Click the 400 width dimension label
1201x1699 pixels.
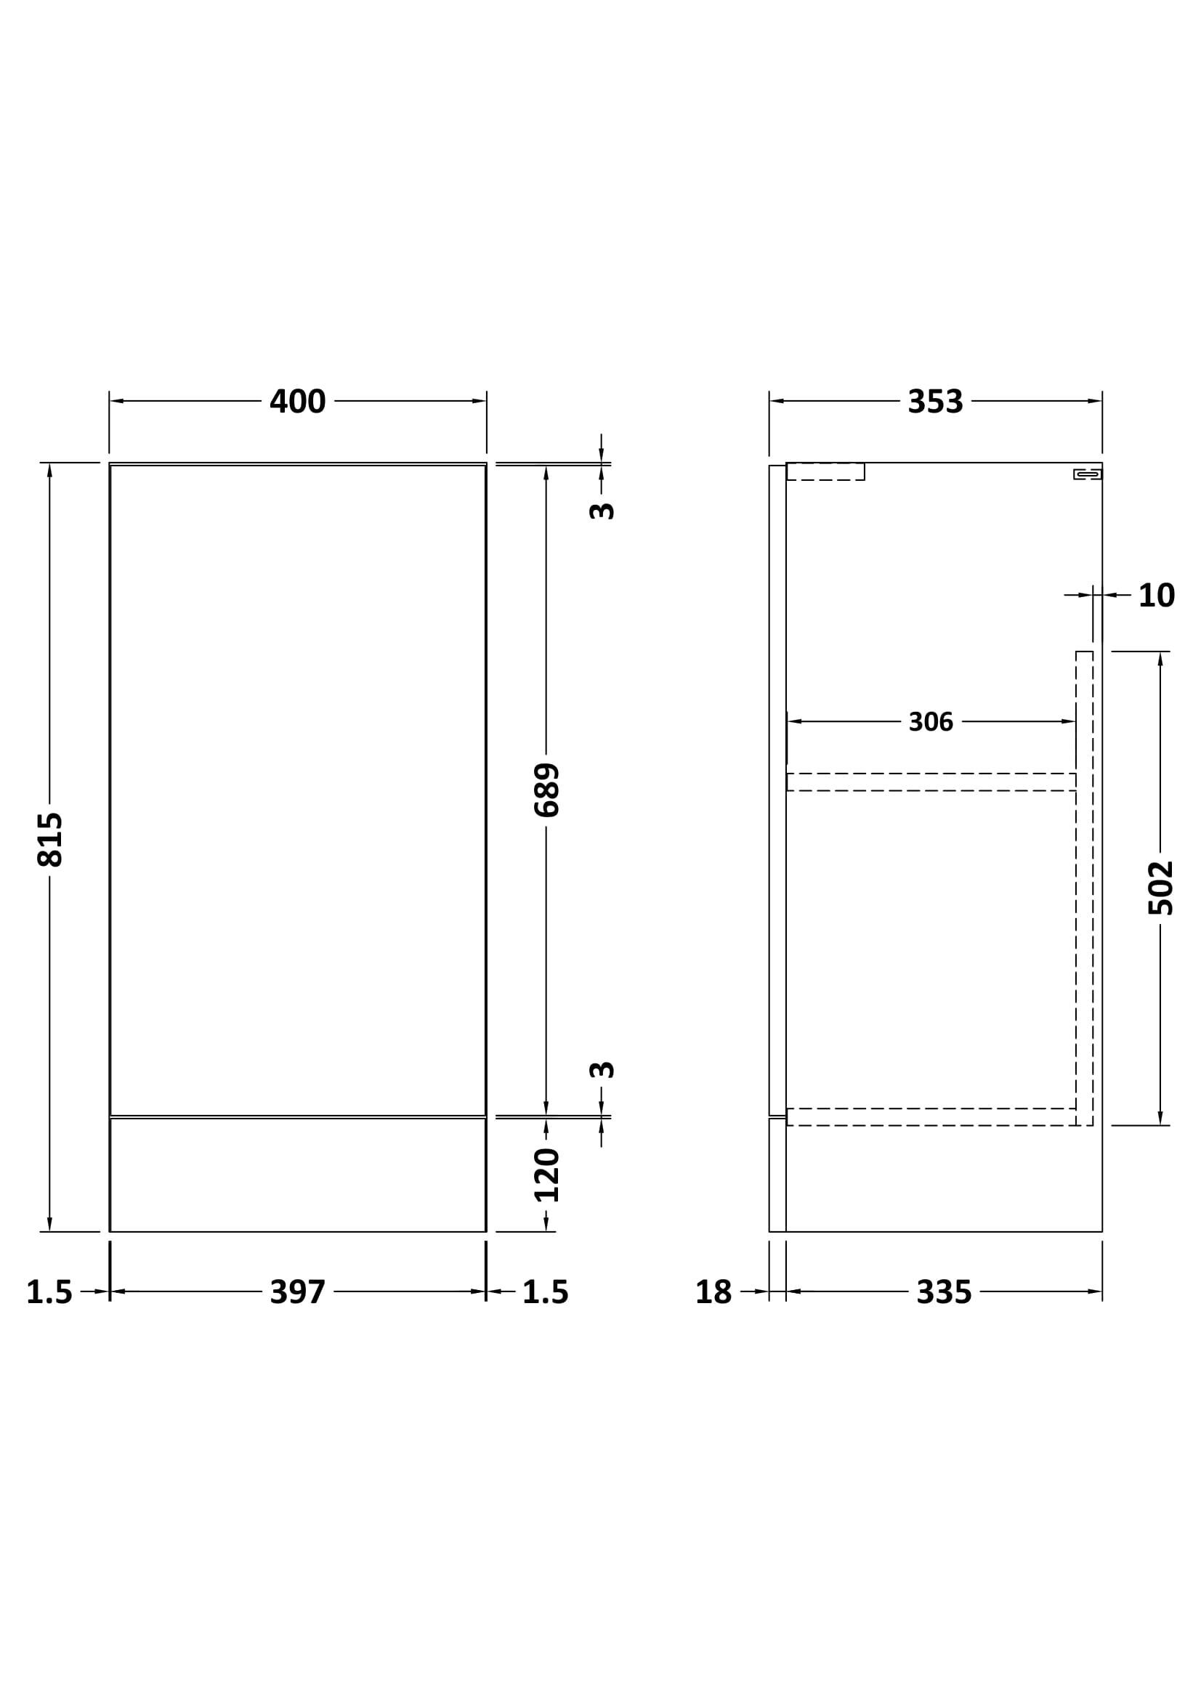297,402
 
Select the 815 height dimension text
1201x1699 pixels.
50,839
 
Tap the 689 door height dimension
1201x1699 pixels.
547,790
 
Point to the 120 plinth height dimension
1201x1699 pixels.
547,1175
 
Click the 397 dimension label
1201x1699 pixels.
297,1293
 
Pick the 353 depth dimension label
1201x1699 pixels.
935,402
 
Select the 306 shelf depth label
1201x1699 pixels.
931,722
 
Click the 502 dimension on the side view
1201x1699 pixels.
1161,888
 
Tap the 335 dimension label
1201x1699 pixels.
944,1293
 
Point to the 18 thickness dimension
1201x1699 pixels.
713,1293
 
